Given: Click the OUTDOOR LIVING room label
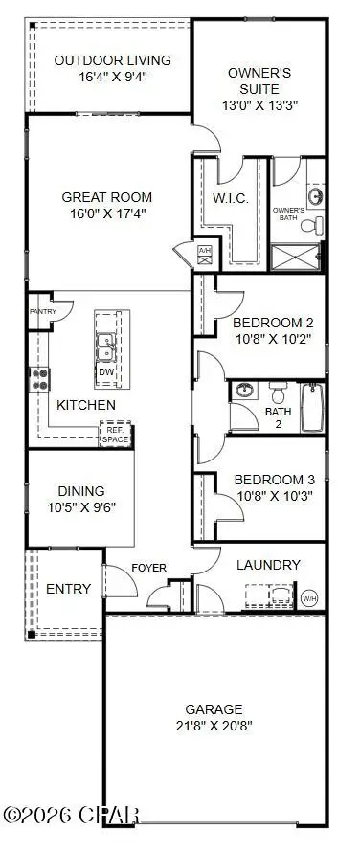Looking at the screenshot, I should coord(112,60).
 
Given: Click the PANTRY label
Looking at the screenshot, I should coord(43,311).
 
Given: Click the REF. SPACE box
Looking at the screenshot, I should coord(114,435).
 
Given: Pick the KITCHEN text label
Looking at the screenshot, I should coord(85,405).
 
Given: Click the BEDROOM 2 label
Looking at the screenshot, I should coord(274,323).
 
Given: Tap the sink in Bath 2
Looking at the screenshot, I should coord(244,391).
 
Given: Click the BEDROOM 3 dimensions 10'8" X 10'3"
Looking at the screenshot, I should coord(273,496).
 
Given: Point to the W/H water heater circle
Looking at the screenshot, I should coord(309,598).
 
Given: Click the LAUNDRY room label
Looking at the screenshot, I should coord(268,565).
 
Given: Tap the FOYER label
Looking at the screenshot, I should coord(148,568).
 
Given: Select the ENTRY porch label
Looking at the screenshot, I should coord(69,588).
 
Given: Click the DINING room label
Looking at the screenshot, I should coord(80,490).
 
